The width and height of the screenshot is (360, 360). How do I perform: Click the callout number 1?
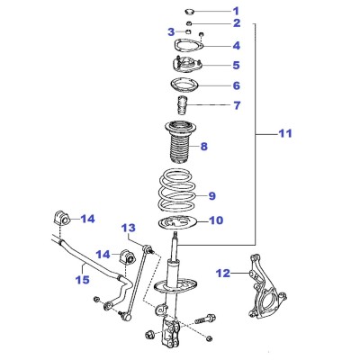tap(236, 11)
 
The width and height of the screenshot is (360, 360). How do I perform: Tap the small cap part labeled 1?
tap(189, 12)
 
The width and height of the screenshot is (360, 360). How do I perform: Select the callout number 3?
tap(171, 31)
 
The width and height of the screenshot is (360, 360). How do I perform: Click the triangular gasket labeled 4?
tap(189, 46)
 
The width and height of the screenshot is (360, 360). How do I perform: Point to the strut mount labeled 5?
tap(187, 66)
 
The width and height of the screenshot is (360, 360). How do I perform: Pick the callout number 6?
tap(237, 85)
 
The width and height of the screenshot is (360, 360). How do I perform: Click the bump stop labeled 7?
tap(182, 105)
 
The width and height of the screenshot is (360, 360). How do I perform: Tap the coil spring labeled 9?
tap(178, 191)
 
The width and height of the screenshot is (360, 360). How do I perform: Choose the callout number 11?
tap(285, 133)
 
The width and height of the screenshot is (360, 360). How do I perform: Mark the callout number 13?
tap(129, 228)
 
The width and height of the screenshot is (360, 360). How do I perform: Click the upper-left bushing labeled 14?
tap(61, 218)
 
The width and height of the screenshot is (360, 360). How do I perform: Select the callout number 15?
tap(83, 280)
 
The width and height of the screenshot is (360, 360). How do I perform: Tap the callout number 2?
tap(237, 22)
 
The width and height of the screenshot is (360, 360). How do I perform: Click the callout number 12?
tap(223, 274)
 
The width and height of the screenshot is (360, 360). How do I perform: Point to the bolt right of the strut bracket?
tap(205, 319)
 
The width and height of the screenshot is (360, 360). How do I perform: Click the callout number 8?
tap(204, 147)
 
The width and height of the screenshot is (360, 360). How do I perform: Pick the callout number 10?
tap(216, 220)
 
